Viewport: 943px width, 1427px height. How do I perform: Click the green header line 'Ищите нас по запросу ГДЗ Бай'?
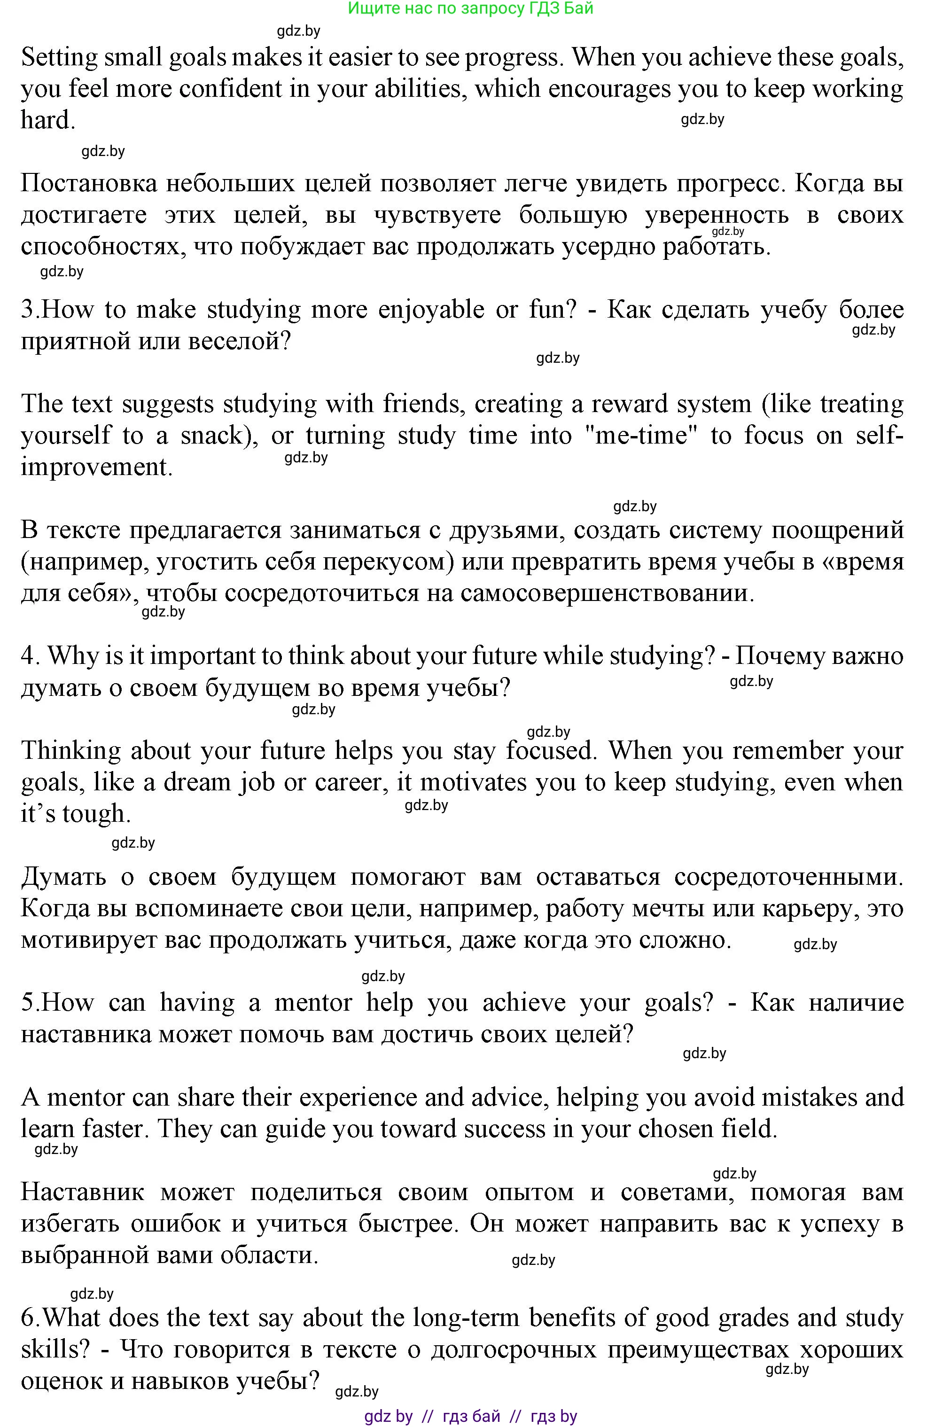tap(471, 8)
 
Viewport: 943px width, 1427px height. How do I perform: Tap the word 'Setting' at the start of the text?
tap(59, 58)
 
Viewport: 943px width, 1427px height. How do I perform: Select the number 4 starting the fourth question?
tap(28, 656)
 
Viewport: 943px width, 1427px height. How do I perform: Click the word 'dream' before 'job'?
tap(193, 782)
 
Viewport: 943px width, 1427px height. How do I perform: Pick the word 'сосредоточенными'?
tap(788, 877)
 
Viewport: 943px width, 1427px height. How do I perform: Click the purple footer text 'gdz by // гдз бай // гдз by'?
tap(471, 1417)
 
